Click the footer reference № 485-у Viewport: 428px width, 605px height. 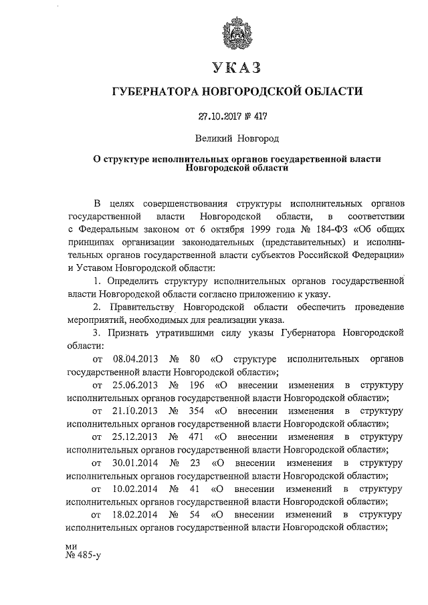tap(83, 554)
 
